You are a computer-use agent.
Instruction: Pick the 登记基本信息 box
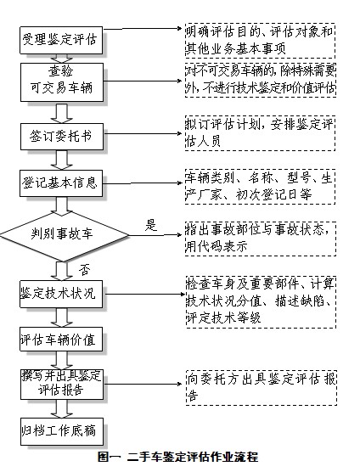click(x=59, y=183)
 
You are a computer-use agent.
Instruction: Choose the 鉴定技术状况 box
click(x=59, y=294)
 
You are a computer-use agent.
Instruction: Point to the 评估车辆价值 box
click(x=59, y=339)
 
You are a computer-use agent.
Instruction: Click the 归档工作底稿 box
click(x=59, y=430)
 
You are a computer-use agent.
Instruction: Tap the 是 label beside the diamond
click(x=152, y=225)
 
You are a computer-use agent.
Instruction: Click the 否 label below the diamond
click(x=84, y=269)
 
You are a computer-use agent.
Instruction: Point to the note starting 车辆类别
click(x=259, y=183)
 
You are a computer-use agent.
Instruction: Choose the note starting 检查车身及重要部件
click(x=259, y=301)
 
